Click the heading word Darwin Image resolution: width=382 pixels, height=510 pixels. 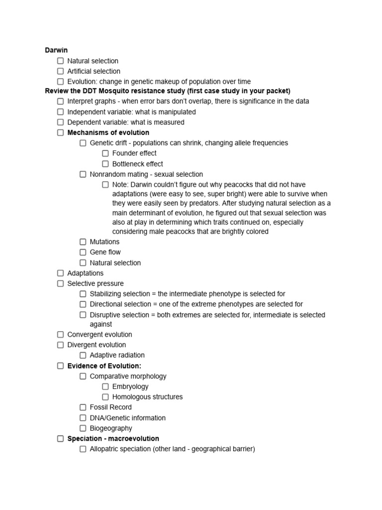[x=56, y=50]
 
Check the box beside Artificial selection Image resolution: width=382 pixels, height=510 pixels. [x=61, y=71]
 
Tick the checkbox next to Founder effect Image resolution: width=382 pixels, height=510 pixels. [x=105, y=153]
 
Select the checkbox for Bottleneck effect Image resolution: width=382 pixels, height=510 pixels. [x=105, y=164]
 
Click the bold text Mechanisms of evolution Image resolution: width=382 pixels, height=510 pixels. [x=108, y=132]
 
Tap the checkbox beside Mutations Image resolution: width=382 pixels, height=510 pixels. [x=83, y=242]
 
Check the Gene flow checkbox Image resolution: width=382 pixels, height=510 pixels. [x=83, y=252]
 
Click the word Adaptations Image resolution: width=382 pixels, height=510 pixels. [x=86, y=273]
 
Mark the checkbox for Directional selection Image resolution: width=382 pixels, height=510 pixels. [x=83, y=304]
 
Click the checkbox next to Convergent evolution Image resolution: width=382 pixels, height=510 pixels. [x=61, y=335]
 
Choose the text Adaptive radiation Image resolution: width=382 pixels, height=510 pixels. [x=117, y=355]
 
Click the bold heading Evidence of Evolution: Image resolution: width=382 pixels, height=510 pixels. [x=104, y=366]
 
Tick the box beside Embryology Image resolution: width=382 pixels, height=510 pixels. [x=105, y=386]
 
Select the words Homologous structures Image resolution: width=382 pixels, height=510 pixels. [x=147, y=397]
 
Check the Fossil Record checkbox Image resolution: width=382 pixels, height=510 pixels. [x=83, y=407]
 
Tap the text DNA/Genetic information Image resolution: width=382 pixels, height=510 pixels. [x=128, y=418]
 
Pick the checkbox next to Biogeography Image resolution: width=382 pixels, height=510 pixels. [x=83, y=428]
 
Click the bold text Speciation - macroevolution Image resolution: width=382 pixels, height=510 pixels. [x=113, y=439]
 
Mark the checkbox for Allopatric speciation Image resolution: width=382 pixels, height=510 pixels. [x=83, y=449]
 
